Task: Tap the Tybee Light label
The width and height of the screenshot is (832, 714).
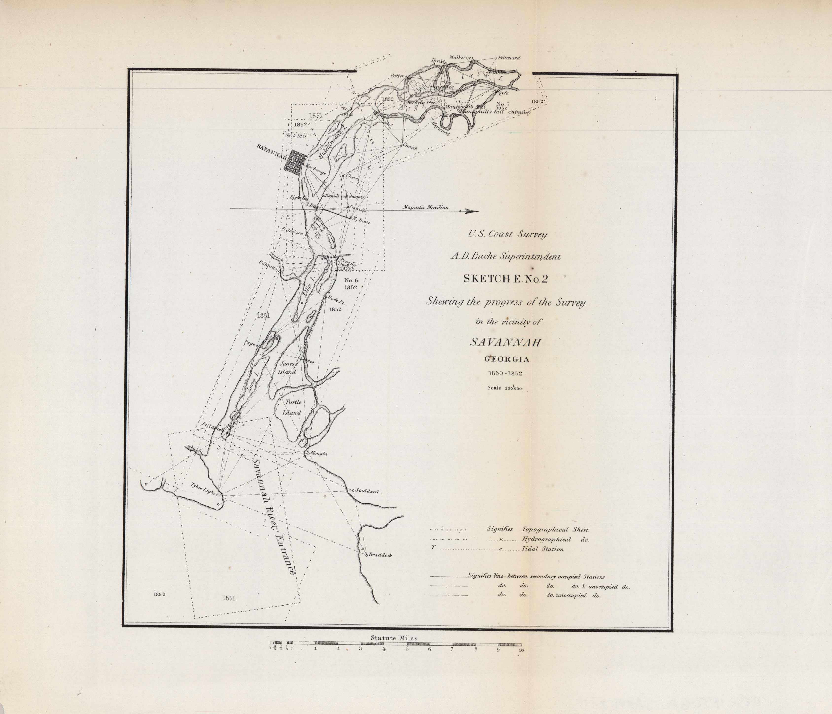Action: point(203,488)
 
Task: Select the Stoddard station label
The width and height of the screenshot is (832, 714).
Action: point(367,491)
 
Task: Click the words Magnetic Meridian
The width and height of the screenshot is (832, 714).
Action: point(426,207)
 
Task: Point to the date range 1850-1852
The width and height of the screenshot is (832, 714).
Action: point(505,373)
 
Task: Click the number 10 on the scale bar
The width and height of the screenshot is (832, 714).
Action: point(521,650)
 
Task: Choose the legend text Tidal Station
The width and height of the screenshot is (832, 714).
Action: point(543,549)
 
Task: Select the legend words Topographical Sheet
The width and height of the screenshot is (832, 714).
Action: point(555,530)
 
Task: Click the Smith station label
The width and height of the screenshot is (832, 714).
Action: point(410,147)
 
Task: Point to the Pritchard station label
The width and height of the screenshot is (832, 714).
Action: point(509,58)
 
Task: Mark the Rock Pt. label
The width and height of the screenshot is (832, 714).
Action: point(336,300)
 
